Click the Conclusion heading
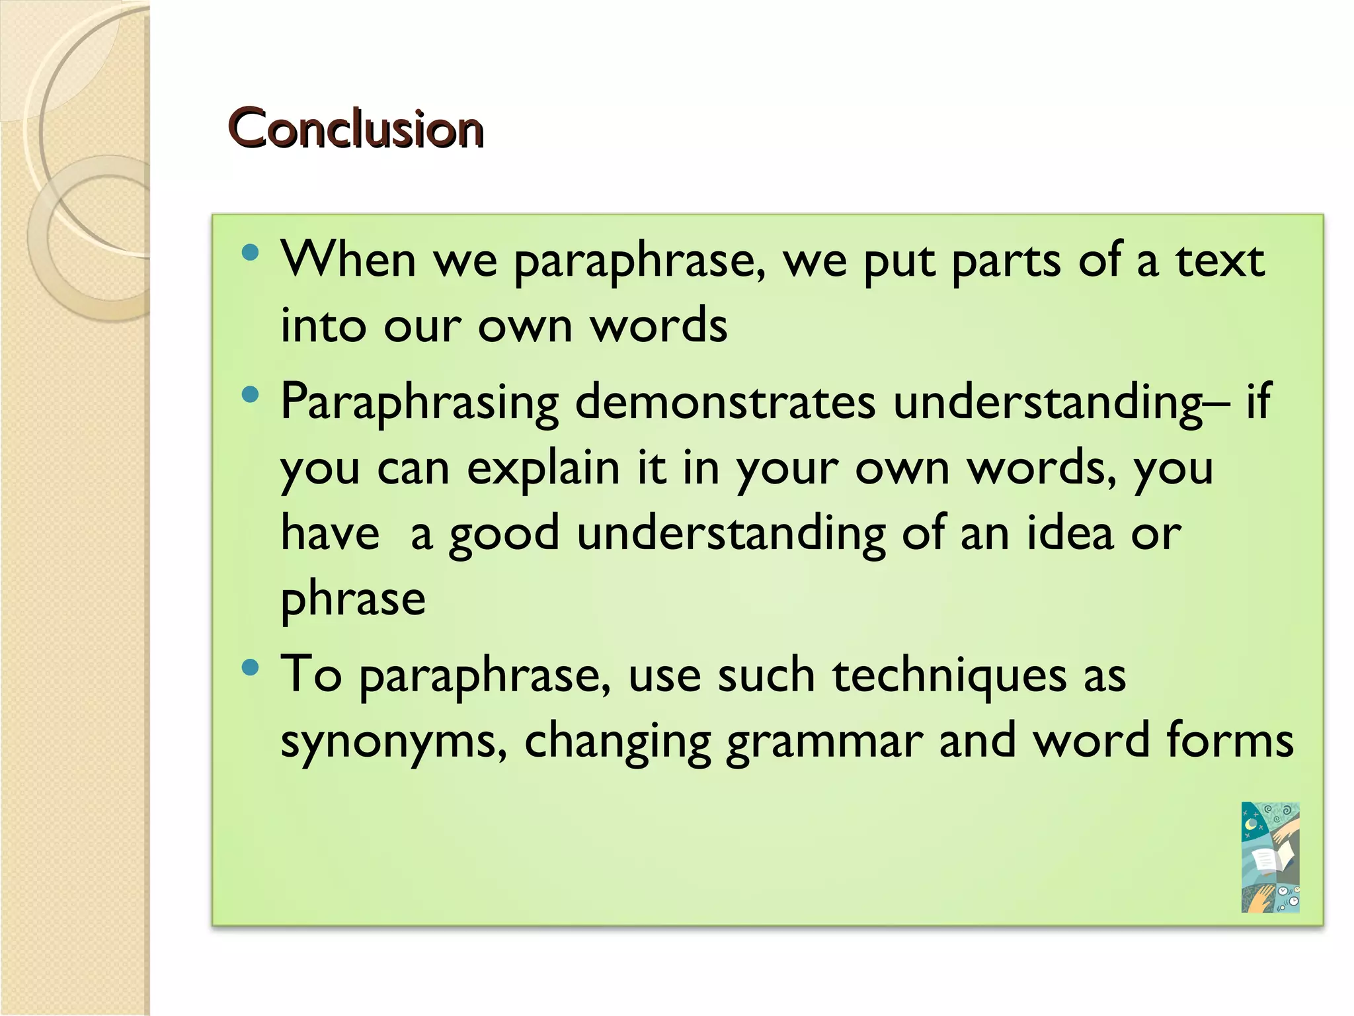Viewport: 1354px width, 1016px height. [356, 128]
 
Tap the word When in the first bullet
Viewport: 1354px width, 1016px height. [348, 260]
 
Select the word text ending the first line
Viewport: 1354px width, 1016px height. [1219, 260]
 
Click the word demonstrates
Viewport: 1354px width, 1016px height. [725, 402]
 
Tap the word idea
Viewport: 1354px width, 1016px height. [1069, 533]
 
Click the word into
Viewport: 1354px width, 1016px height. [323, 325]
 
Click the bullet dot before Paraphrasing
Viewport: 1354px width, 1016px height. [250, 395]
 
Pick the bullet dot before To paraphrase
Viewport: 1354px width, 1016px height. [250, 667]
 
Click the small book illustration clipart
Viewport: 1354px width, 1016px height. [1270, 857]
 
